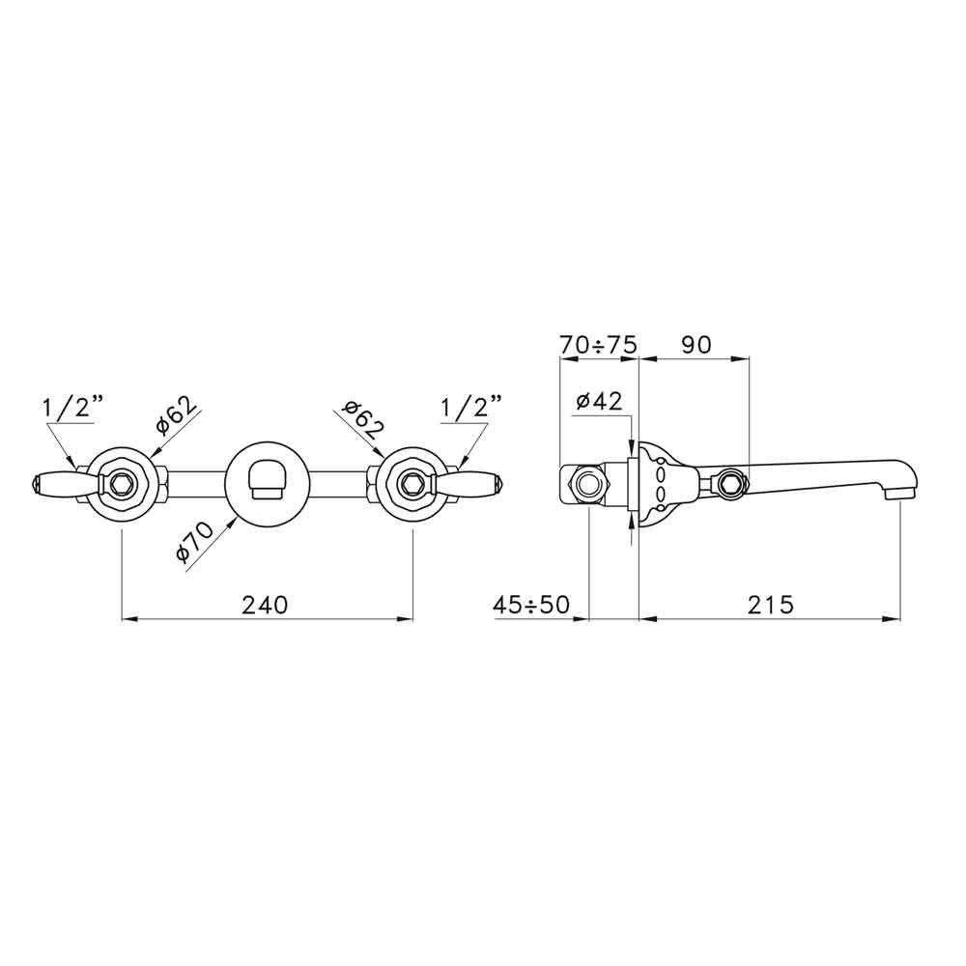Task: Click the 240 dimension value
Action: (265, 605)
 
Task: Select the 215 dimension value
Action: (770, 605)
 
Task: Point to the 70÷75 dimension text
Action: (598, 345)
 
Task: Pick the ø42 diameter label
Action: (599, 401)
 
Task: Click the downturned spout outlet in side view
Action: (899, 493)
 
